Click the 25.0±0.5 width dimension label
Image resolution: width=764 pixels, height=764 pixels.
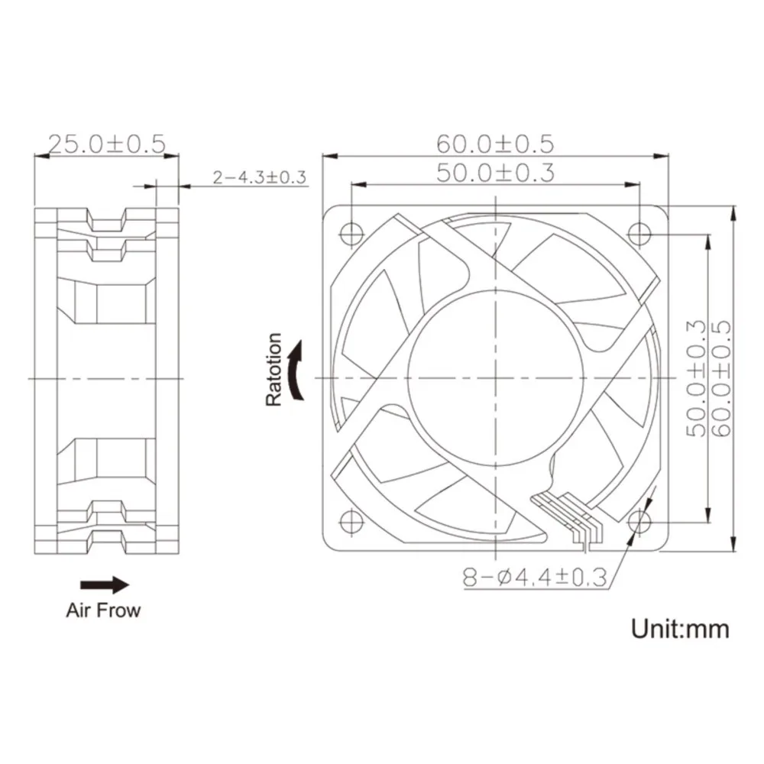point(107,143)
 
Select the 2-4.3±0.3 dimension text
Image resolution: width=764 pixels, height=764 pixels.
point(260,178)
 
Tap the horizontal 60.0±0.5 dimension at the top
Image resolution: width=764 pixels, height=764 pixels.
point(494,143)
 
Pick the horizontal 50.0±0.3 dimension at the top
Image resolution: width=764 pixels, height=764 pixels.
point(494,173)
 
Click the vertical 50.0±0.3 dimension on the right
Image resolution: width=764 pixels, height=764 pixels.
point(696,378)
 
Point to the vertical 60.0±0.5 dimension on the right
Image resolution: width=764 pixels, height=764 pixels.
point(722,378)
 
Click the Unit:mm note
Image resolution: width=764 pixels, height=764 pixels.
point(680,629)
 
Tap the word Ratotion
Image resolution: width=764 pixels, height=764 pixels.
point(274,370)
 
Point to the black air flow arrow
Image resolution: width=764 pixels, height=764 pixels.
point(105,585)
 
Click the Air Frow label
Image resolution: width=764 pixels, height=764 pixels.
point(103,610)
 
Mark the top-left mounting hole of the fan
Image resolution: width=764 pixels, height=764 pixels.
point(351,231)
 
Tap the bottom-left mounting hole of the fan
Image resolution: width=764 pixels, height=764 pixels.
point(351,520)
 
